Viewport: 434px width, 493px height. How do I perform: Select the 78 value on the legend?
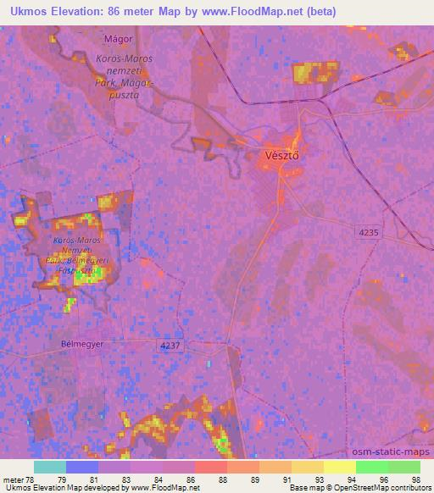point(30,479)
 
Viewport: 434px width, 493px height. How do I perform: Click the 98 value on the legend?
point(415,479)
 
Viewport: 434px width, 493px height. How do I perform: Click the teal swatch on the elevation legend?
point(50,467)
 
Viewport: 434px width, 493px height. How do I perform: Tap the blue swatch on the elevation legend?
point(82,467)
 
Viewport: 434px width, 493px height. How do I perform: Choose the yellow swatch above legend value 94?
point(339,467)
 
